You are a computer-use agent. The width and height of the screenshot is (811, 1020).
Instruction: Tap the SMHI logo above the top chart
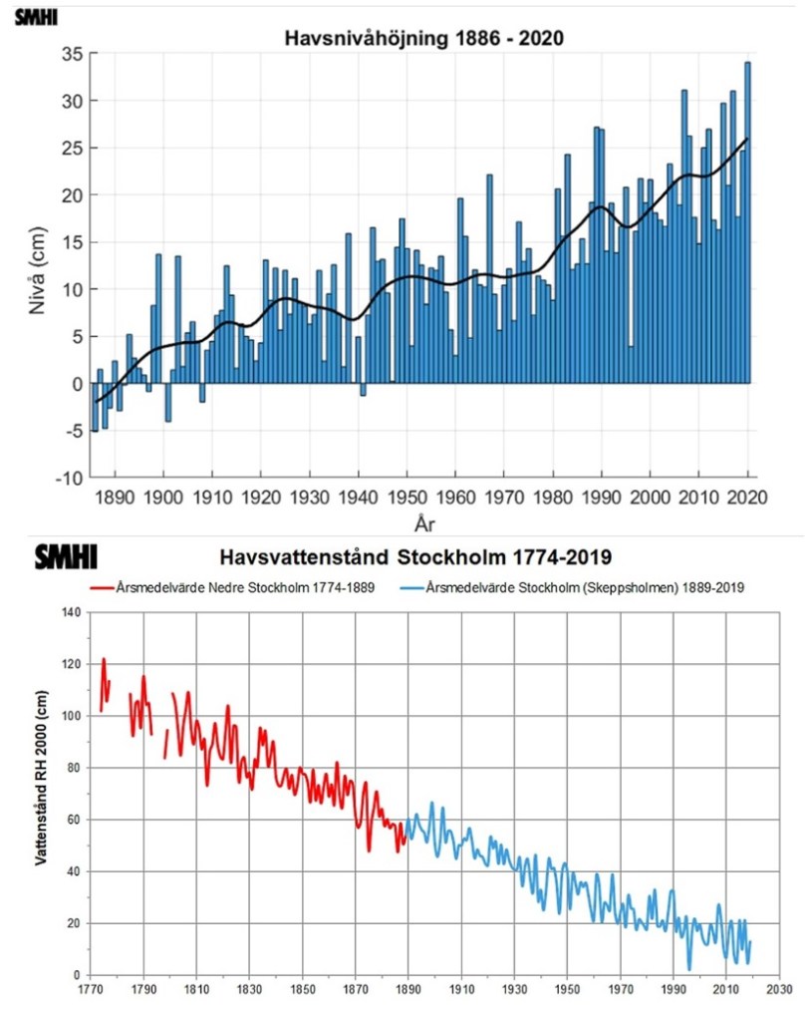37,17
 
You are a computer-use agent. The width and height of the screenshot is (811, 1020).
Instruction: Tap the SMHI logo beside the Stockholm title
66,556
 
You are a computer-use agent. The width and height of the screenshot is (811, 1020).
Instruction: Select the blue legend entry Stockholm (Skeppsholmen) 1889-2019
584,588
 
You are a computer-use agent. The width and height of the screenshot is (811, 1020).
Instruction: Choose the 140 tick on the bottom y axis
68,611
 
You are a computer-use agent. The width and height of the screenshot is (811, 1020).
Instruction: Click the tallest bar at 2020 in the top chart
748,219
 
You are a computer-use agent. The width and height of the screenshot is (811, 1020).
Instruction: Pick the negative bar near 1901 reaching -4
168,402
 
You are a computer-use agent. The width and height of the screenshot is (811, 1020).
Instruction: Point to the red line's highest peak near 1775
104,659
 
